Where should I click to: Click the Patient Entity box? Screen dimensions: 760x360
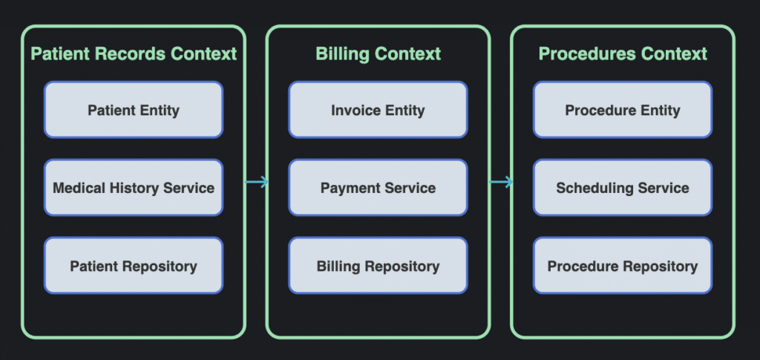[x=134, y=110]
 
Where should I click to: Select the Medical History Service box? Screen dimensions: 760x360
[x=134, y=188]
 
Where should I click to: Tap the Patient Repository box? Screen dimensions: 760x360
[x=134, y=266]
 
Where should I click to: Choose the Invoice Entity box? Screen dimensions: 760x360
[x=378, y=110]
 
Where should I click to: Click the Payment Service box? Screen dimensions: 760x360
[x=378, y=188]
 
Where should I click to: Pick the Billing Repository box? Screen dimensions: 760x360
[x=378, y=266]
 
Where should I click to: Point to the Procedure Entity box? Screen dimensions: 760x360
[x=623, y=110]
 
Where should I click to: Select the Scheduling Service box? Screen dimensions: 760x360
[x=623, y=188]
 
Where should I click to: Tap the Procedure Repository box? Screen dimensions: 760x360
[x=623, y=266]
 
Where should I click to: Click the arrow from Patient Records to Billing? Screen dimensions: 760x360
[x=256, y=182]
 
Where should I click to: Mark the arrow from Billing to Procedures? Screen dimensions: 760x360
[x=501, y=182]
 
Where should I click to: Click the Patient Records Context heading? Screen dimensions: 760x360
[x=134, y=53]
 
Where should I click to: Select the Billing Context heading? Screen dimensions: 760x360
[x=378, y=53]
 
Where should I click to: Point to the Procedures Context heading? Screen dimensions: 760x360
[x=623, y=53]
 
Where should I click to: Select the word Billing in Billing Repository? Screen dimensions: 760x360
[x=338, y=266]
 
